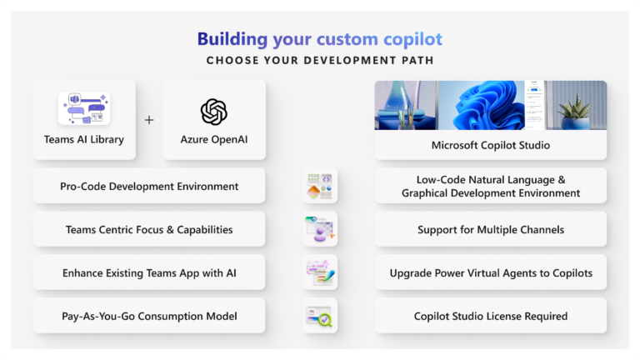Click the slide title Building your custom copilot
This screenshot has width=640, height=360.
click(319, 39)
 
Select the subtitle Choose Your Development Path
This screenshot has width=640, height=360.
click(320, 60)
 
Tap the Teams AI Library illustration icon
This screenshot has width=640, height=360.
click(83, 108)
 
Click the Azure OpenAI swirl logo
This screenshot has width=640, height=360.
click(214, 112)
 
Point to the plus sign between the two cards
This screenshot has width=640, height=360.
click(149, 120)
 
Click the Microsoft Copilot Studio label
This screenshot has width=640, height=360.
click(490, 145)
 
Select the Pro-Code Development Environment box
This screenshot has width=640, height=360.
click(149, 186)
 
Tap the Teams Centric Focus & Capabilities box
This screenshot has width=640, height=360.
click(149, 229)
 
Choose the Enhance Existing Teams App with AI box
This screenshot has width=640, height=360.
click(149, 272)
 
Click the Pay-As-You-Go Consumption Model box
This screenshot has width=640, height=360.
click(149, 316)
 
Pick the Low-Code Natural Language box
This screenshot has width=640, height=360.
click(490, 186)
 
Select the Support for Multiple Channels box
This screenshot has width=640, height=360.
click(490, 229)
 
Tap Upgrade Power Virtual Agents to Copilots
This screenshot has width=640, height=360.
click(490, 272)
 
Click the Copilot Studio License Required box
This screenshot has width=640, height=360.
click(490, 316)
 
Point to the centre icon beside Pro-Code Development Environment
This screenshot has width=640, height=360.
click(320, 186)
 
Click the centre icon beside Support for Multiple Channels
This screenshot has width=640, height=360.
click(320, 229)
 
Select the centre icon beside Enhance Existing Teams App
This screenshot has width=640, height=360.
click(320, 272)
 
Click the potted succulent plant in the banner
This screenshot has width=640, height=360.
click(576, 111)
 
